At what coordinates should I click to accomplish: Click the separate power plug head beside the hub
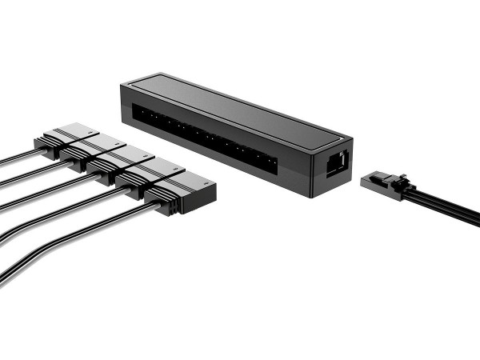coord(382,182)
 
